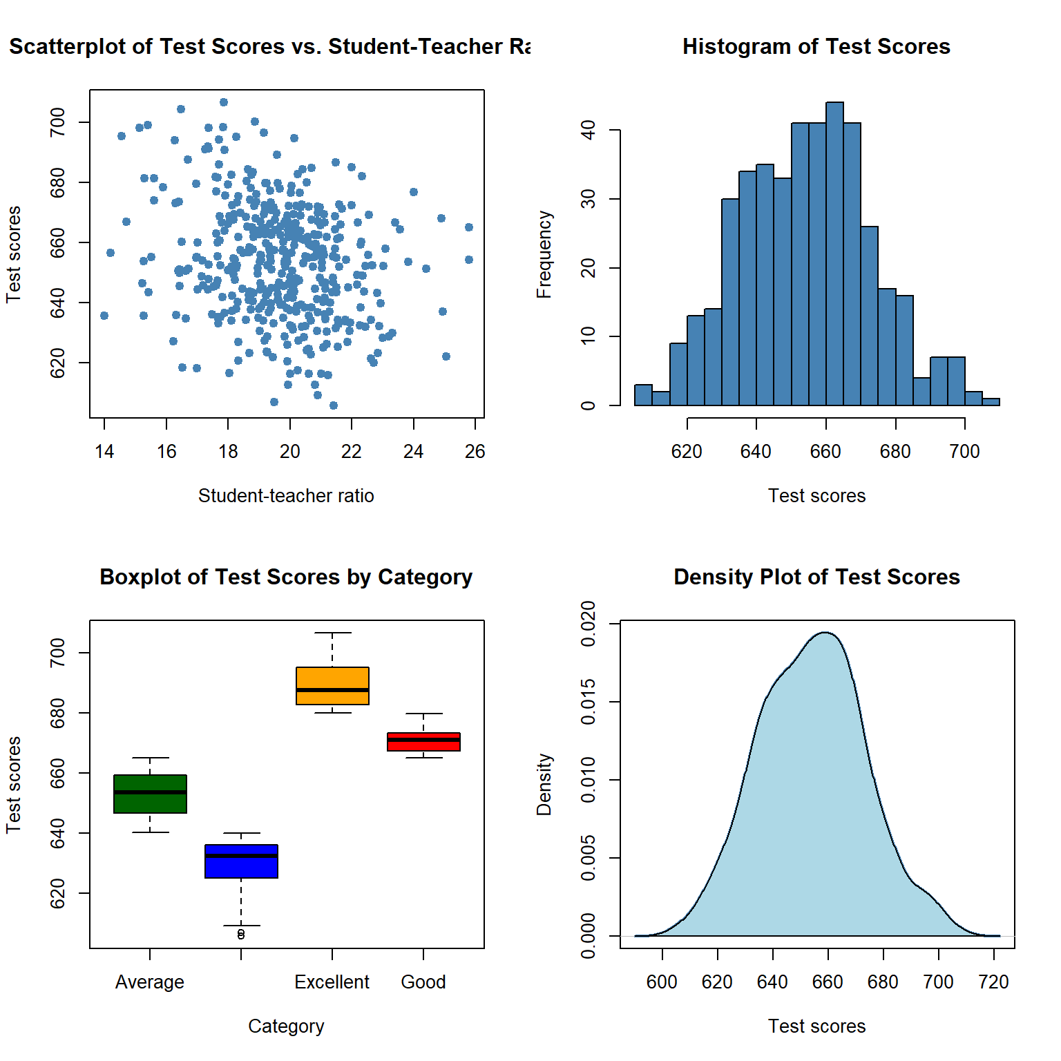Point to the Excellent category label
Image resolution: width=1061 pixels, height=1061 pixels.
click(332, 982)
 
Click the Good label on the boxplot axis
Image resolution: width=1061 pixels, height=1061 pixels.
click(423, 982)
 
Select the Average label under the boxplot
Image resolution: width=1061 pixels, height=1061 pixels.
click(150, 982)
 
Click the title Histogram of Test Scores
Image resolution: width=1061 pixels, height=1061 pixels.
click(816, 46)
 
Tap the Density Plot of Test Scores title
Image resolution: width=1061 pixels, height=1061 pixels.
click(816, 577)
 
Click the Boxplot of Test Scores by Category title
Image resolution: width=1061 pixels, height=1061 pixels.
click(286, 577)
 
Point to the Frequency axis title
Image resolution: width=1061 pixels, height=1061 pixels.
click(544, 254)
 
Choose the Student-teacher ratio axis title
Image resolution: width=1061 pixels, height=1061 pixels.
click(286, 495)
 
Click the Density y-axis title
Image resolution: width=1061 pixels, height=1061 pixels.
click(544, 785)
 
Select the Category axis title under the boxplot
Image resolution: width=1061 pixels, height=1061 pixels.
click(286, 1026)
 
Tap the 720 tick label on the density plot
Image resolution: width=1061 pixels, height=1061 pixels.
click(994, 982)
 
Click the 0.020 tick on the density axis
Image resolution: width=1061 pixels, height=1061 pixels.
click(589, 624)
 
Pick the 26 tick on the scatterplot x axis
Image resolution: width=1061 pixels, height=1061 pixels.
click(475, 451)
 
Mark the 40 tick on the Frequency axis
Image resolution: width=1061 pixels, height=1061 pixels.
click(589, 130)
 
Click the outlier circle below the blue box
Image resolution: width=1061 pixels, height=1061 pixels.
click(241, 935)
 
